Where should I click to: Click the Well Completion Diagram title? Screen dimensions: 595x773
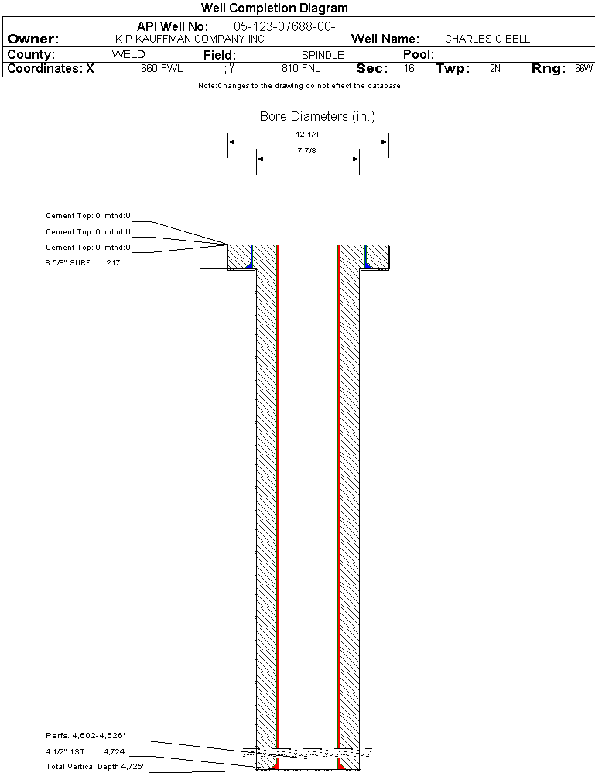click(x=274, y=8)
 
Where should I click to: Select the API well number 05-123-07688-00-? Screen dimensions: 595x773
click(x=285, y=26)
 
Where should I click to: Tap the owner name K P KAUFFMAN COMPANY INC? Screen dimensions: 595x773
click(x=190, y=39)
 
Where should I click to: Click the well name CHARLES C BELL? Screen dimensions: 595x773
click(x=487, y=39)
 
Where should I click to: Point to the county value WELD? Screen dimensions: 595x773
click(x=128, y=54)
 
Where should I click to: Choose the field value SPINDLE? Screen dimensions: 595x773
click(x=323, y=55)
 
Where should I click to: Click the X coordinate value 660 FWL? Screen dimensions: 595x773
click(x=162, y=68)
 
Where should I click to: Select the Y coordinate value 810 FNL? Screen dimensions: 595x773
click(x=301, y=68)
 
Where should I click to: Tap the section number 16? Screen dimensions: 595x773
click(x=409, y=68)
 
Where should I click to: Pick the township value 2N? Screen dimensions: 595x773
click(x=495, y=68)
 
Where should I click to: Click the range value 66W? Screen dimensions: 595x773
click(x=583, y=68)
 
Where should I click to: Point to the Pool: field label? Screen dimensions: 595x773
click(x=419, y=54)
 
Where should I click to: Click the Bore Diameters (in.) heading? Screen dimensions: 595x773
click(x=317, y=116)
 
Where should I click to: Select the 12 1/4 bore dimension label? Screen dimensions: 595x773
click(x=307, y=134)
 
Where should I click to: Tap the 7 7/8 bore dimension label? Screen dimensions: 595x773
click(x=306, y=150)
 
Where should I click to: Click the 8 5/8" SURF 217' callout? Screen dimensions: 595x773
click(x=84, y=263)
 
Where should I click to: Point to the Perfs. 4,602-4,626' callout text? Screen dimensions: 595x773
click(x=85, y=736)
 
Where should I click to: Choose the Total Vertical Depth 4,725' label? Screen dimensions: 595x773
click(x=94, y=766)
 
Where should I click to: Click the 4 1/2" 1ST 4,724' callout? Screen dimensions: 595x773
click(x=86, y=752)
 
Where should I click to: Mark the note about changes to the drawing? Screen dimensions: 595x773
click(x=299, y=86)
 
